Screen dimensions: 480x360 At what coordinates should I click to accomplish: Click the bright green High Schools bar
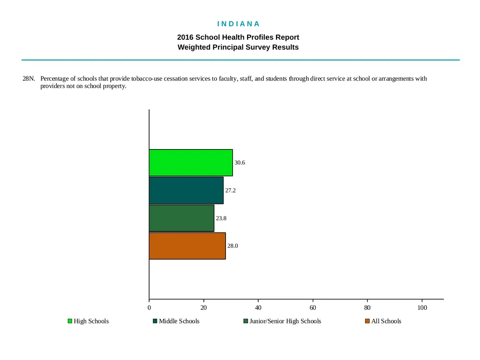(x=191, y=163)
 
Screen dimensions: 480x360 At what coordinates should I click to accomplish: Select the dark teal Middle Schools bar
(x=186, y=190)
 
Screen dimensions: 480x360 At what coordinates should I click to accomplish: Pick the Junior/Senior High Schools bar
(x=181, y=218)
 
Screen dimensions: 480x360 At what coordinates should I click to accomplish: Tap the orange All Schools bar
(x=187, y=246)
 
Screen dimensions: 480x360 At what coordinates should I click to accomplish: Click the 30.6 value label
(x=240, y=163)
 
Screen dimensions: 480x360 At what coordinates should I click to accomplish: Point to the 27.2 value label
(x=231, y=190)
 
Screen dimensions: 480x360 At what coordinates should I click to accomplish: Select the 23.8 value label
(x=221, y=218)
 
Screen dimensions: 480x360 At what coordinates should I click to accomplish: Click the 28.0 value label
(x=232, y=246)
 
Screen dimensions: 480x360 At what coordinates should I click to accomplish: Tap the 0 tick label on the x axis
(x=149, y=307)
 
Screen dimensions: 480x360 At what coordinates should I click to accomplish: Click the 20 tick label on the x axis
(x=203, y=307)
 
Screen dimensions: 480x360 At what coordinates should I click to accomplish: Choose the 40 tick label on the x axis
(x=258, y=307)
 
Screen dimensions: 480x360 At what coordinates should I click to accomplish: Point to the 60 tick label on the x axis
(x=313, y=307)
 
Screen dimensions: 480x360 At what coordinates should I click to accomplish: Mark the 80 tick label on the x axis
(x=367, y=307)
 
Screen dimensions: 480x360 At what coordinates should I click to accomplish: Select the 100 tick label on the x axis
(x=422, y=307)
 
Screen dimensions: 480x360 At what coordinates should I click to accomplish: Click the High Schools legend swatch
(x=70, y=321)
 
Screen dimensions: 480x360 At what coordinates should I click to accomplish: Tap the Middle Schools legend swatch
(x=155, y=321)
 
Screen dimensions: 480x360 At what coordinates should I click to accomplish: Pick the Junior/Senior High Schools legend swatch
(x=246, y=321)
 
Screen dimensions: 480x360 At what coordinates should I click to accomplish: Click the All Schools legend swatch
(x=367, y=321)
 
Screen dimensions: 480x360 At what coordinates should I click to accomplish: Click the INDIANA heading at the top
(x=239, y=24)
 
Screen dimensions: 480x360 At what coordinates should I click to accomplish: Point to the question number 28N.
(x=29, y=79)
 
